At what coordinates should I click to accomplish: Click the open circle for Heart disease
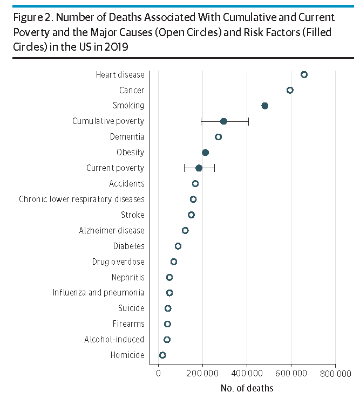tap(304, 74)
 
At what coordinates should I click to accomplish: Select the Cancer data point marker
tap(290, 90)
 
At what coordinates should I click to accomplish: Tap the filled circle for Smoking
tap(264, 106)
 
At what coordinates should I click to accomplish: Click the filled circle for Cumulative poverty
tap(223, 121)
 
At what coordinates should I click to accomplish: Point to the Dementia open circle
tap(218, 137)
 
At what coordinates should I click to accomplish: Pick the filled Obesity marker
tap(205, 153)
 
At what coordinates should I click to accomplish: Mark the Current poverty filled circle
tap(199, 168)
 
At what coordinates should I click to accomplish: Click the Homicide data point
tap(162, 355)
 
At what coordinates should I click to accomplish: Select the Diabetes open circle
tap(178, 246)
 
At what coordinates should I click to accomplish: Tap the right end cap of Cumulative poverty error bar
tap(248, 121)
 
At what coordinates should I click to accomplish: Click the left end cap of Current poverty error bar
tap(184, 168)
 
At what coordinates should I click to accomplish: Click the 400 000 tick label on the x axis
tap(247, 373)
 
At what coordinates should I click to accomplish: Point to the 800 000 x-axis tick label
tap(336, 373)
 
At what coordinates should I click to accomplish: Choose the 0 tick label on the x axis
tap(158, 373)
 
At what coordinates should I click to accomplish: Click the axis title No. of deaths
tap(247, 388)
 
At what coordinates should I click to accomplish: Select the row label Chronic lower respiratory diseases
tap(81, 200)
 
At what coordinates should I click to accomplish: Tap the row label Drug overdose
tap(118, 262)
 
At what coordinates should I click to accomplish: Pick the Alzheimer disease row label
tap(111, 230)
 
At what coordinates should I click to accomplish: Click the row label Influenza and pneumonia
tap(98, 293)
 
